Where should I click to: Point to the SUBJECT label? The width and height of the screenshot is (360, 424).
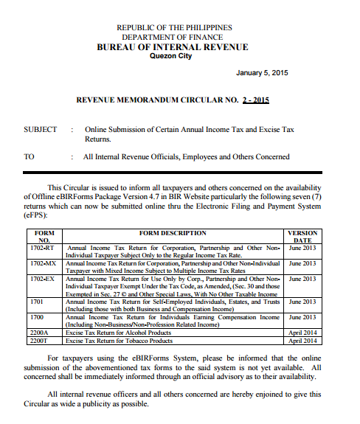(x=41, y=129)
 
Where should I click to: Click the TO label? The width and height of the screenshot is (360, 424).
(x=30, y=156)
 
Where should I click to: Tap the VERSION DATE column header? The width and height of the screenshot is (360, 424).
(x=302, y=237)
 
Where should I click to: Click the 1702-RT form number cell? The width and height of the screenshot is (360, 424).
(x=46, y=249)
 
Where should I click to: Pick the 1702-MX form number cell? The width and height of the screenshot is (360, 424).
(x=46, y=263)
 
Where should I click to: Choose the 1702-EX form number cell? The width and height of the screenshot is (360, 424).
(x=46, y=279)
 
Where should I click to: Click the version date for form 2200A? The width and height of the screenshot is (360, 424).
(x=303, y=333)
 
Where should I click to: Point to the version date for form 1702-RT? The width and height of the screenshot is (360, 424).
(x=302, y=249)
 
